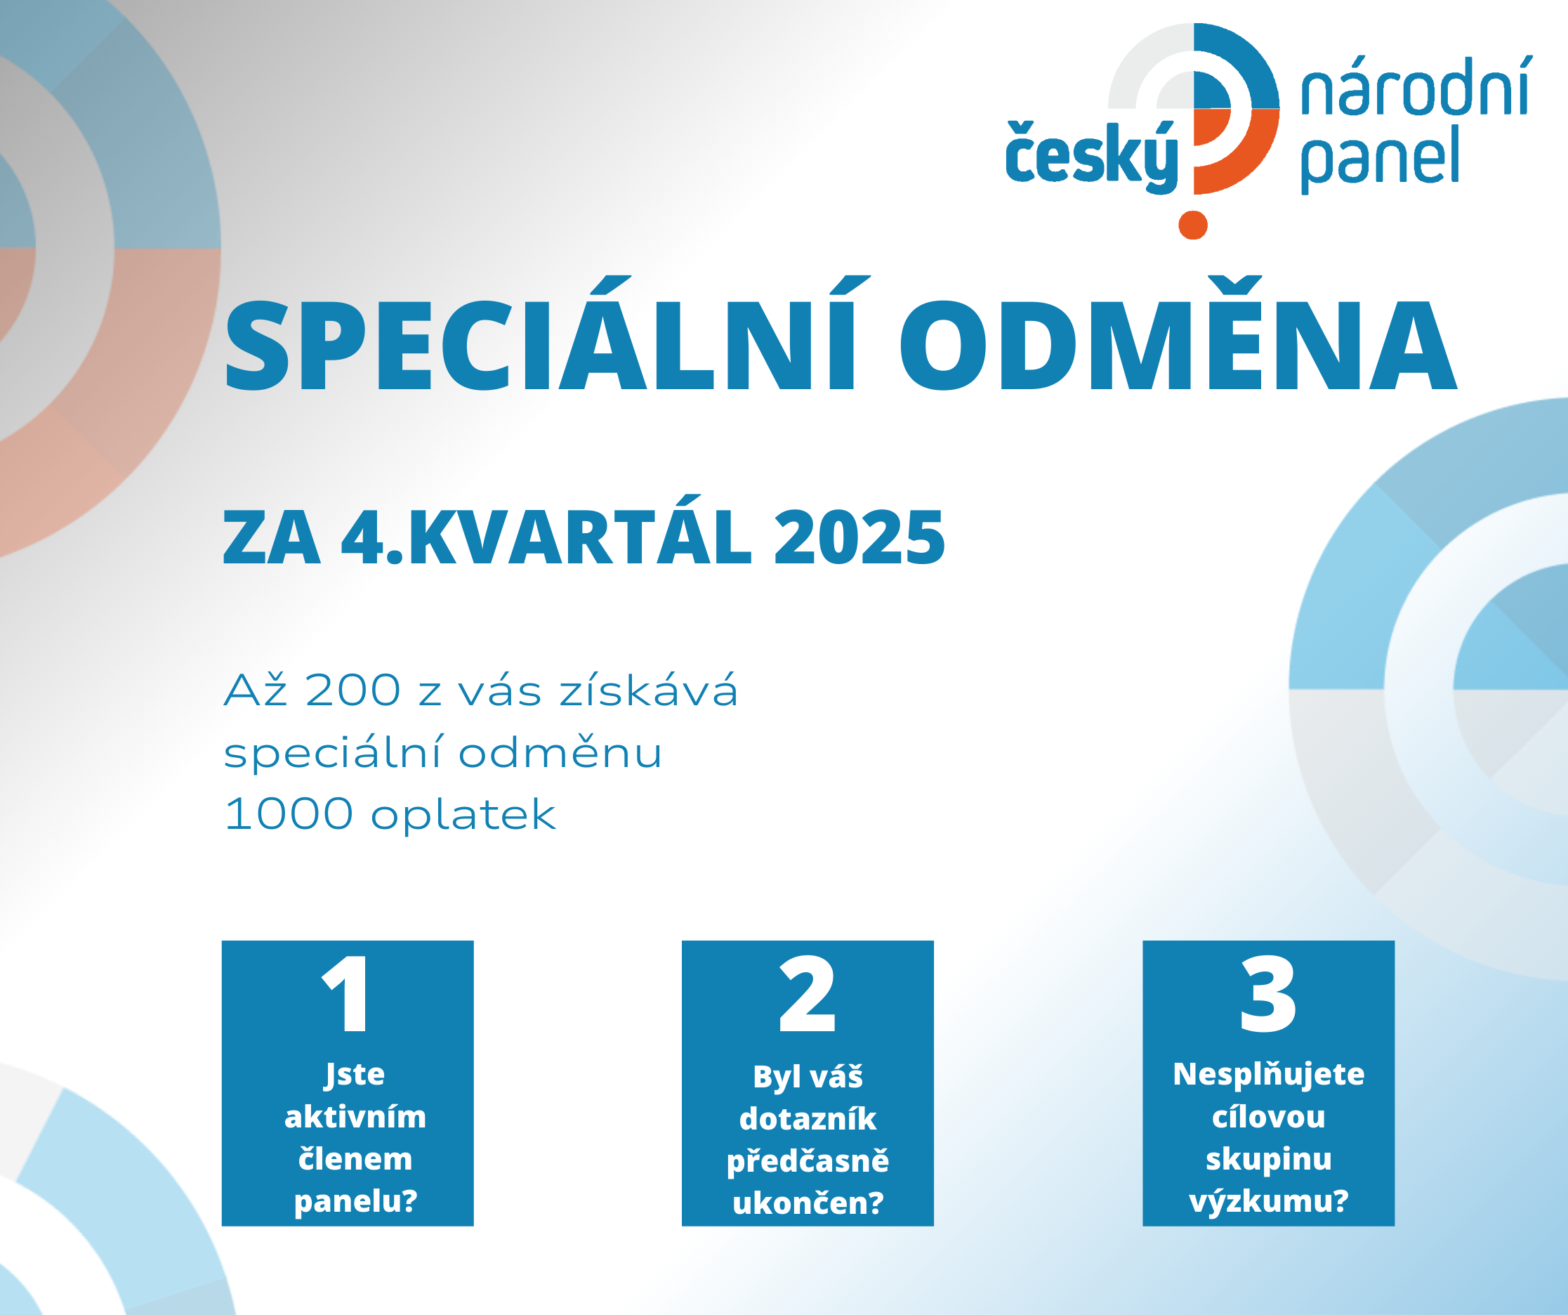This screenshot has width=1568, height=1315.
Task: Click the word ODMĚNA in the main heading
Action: pos(1178,334)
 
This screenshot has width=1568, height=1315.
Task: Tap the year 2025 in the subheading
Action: pos(859,537)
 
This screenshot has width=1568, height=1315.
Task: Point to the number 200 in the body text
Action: pos(353,690)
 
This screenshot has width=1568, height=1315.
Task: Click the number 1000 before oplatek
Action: pos(288,814)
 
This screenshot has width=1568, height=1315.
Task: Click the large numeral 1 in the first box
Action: pos(345,993)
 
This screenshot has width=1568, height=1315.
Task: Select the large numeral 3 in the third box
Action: pos(1268,993)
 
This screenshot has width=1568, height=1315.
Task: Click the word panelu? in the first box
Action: pos(355,1200)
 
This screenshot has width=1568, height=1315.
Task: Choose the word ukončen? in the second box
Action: pos(808,1202)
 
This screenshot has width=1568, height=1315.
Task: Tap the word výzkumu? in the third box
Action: pos(1269,1201)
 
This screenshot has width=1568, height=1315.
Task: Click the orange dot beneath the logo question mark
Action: pos(1193,225)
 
